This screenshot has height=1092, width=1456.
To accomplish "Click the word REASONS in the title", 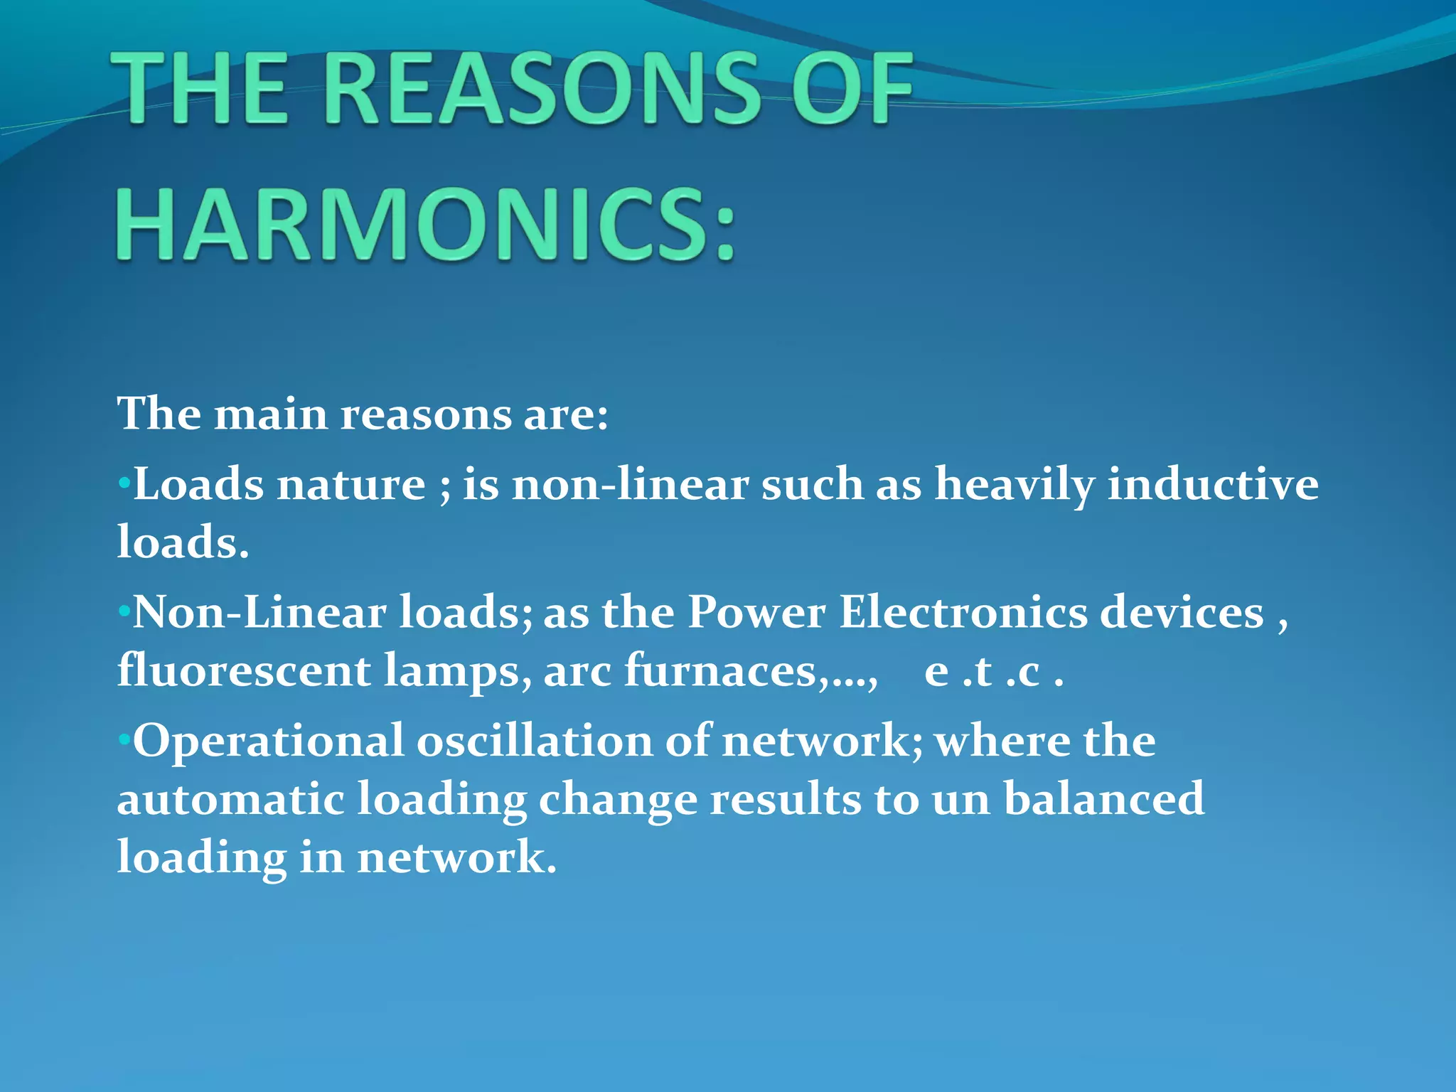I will point(544,91).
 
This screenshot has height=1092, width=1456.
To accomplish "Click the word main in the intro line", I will point(271,414).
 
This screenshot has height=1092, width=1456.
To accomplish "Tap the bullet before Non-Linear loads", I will point(124,612).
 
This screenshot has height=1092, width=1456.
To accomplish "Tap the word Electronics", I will point(963,612).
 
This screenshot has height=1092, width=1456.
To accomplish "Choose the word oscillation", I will point(535,741).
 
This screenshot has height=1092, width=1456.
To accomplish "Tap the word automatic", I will point(230,799).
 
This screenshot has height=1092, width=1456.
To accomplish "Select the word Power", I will point(756,612).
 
